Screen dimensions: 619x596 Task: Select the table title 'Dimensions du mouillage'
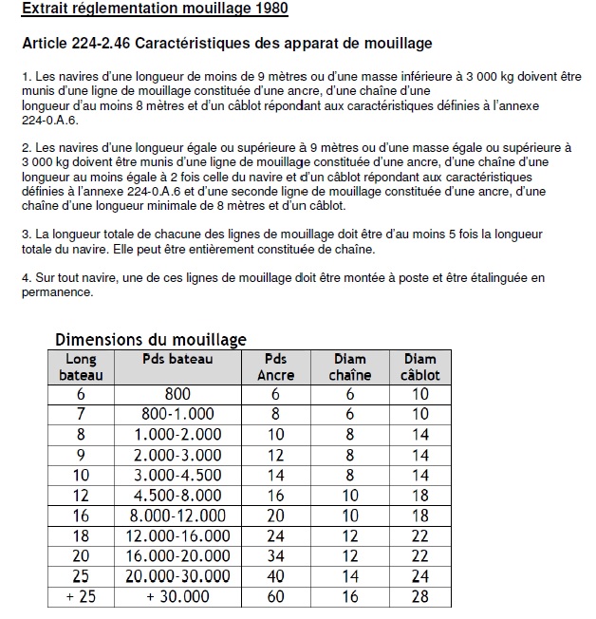tap(151, 339)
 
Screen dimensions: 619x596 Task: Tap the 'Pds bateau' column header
tap(177, 359)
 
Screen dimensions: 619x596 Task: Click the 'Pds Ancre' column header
tap(276, 366)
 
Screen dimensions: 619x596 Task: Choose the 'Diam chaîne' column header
tap(350, 366)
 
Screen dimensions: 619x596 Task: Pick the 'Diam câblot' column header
tap(419, 366)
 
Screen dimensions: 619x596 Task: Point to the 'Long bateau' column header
tap(81, 366)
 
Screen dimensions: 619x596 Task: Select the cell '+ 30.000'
tap(177, 596)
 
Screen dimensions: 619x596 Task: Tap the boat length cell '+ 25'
tap(81, 596)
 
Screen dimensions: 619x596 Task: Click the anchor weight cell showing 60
tap(276, 596)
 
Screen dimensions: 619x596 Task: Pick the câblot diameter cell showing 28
tap(419, 596)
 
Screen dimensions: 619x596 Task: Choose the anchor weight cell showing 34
tap(276, 555)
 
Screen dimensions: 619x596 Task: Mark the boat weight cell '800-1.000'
tap(177, 414)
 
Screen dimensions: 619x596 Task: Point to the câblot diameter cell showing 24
tap(419, 576)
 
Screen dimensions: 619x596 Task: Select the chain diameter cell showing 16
tap(350, 596)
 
